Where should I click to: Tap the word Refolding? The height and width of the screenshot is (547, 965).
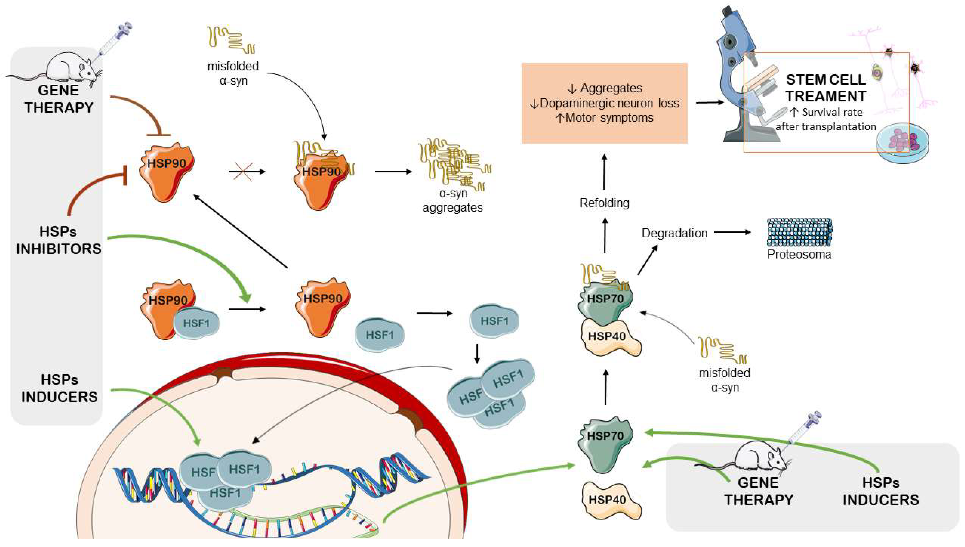pyautogui.click(x=604, y=203)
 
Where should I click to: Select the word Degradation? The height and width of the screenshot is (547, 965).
pyautogui.click(x=674, y=233)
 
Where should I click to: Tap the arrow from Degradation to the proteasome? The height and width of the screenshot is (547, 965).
pyautogui.click(x=732, y=232)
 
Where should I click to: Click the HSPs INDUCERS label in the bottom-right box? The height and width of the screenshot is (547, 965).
pyautogui.click(x=881, y=491)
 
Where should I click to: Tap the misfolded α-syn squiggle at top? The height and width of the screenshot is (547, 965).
pyautogui.click(x=231, y=40)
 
